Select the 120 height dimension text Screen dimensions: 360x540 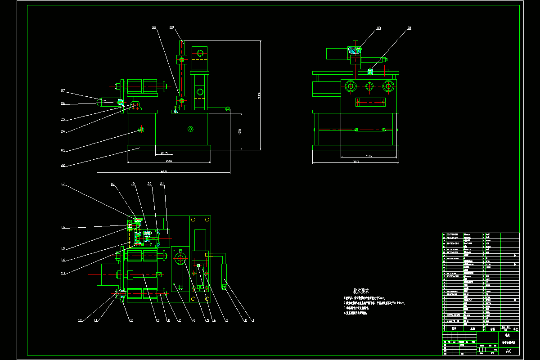(x=240, y=132)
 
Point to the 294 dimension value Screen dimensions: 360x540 (x=169, y=160)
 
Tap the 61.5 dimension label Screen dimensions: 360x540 (x=165, y=153)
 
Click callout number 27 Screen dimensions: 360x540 (x=63, y=91)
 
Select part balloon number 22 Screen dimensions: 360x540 (x=63, y=165)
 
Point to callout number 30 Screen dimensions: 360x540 (x=378, y=28)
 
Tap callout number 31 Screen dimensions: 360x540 (x=409, y=28)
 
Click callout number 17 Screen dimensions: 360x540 (x=63, y=184)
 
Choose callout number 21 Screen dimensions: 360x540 (x=162, y=184)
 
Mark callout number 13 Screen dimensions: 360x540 (x=63, y=273)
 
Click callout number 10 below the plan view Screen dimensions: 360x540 (x=131, y=320)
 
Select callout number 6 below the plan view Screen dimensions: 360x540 (x=194, y=320)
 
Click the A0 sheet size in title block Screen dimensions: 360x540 (x=509, y=351)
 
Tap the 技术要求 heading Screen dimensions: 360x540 (x=361, y=291)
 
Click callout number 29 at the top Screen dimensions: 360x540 (x=172, y=28)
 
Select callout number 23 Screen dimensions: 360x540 (x=63, y=151)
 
